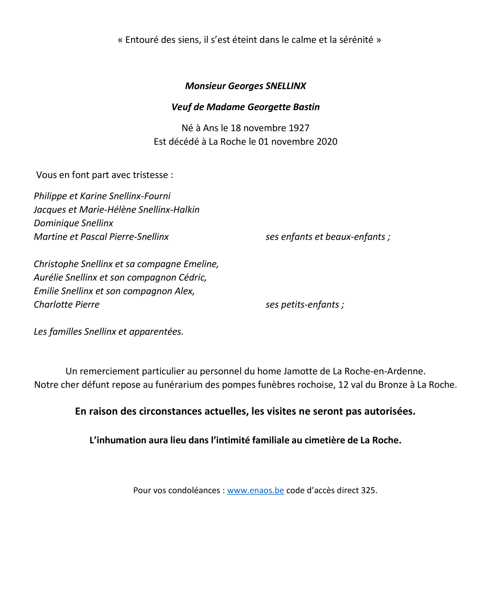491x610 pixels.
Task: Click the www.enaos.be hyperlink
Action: click(255, 490)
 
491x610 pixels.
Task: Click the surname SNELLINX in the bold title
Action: click(286, 86)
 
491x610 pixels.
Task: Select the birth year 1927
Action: click(299, 128)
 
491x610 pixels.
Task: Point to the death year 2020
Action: click(326, 142)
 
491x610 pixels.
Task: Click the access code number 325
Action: click(368, 490)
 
